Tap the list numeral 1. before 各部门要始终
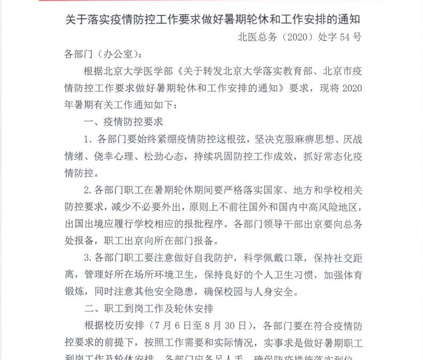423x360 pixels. [88, 140]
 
